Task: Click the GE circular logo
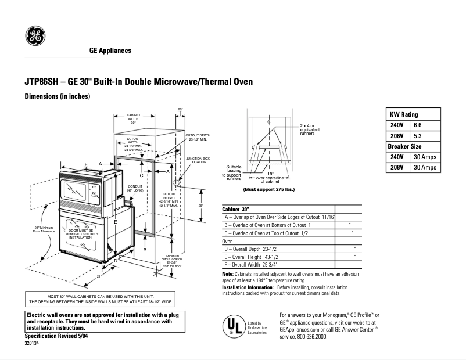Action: coord(35,36)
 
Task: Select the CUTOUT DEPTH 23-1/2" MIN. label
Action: coord(198,137)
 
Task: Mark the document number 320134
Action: coord(32,343)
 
